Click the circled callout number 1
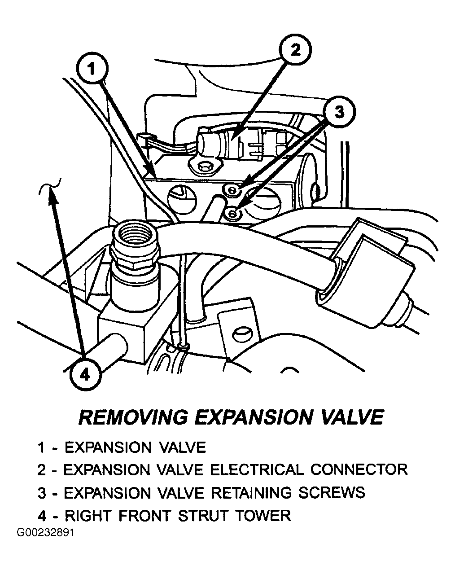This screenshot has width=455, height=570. (x=92, y=69)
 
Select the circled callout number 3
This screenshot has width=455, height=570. (x=340, y=112)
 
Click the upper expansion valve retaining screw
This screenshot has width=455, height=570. (x=232, y=190)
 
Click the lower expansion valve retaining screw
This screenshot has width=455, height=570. (x=232, y=213)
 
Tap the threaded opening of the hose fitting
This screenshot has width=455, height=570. (x=135, y=233)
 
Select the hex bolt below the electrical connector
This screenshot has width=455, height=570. (x=203, y=167)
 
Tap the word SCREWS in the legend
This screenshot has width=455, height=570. (x=332, y=493)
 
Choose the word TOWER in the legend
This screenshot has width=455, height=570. (x=263, y=516)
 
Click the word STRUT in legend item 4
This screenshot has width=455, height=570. (x=203, y=516)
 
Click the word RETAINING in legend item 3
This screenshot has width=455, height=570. (x=251, y=493)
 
